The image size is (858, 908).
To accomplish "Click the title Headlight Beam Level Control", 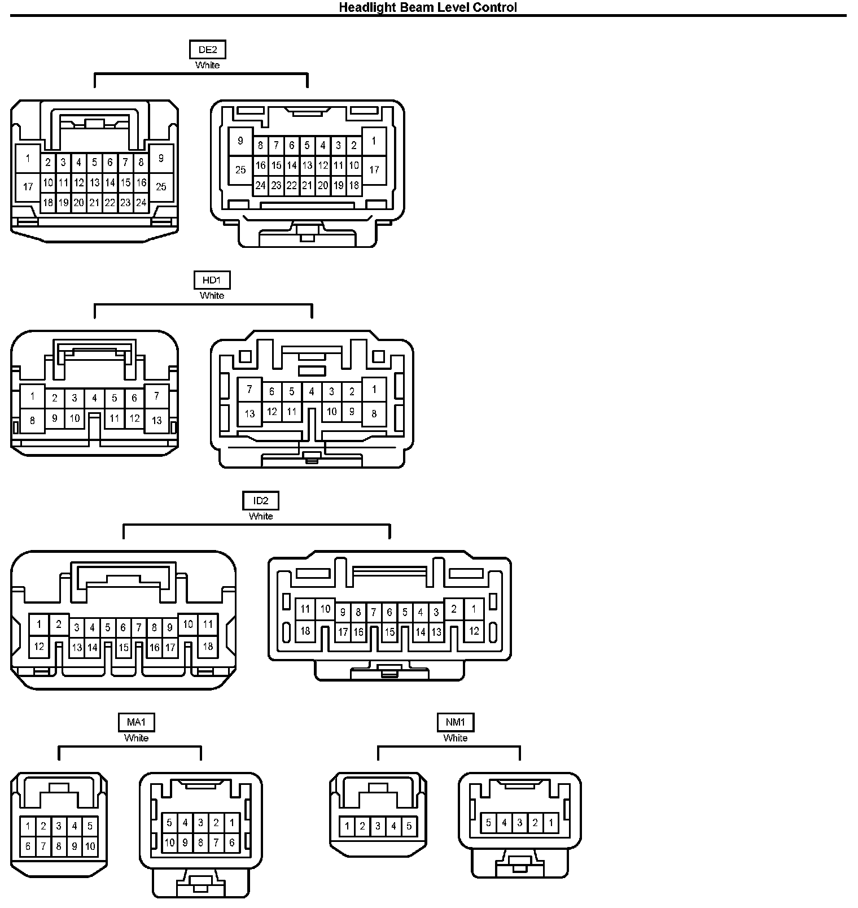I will click(x=428, y=7).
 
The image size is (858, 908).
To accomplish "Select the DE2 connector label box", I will click(x=207, y=50).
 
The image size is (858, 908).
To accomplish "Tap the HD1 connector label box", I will click(x=212, y=280).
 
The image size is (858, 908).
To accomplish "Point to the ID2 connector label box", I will click(x=261, y=501).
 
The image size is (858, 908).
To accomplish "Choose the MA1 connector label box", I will click(x=136, y=722).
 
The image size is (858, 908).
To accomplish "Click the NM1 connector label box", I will click(x=455, y=722).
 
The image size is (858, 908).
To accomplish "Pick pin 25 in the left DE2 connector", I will click(x=161, y=186).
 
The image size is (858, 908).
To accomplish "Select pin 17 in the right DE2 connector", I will click(x=374, y=169).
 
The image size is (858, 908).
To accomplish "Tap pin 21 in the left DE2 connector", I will click(x=94, y=202).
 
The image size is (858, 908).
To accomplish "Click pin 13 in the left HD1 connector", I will click(x=156, y=420).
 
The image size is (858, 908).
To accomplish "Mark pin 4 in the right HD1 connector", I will click(x=312, y=391).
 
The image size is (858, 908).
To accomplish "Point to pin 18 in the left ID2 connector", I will click(x=208, y=647).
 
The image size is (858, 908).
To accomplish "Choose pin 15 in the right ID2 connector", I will click(x=389, y=632).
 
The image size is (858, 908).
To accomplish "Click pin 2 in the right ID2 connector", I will click(x=453, y=609).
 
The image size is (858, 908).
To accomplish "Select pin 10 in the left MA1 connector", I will click(x=90, y=846).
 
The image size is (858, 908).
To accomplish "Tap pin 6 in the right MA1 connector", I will click(x=231, y=842).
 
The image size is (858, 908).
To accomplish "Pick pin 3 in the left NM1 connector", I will click(x=378, y=827).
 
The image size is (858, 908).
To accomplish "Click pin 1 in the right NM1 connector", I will click(x=550, y=823).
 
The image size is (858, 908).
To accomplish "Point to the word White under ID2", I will click(x=261, y=516).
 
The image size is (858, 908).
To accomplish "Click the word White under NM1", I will click(x=455, y=738).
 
